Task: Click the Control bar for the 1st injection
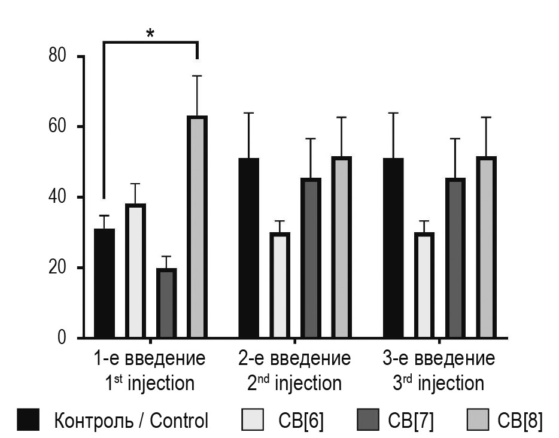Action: pyautogui.click(x=104, y=284)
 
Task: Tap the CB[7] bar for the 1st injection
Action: pyautogui.click(x=166, y=303)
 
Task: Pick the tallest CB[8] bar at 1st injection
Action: pyautogui.click(x=198, y=227)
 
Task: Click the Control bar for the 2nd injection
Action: pyautogui.click(x=249, y=248)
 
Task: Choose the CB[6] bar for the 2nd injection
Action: pyautogui.click(x=279, y=285)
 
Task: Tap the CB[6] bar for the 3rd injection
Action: pyautogui.click(x=424, y=285)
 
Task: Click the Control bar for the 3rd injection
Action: pyautogui.click(x=393, y=248)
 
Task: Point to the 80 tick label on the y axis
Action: pyautogui.click(x=59, y=56)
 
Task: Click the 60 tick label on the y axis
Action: pyautogui.click(x=59, y=127)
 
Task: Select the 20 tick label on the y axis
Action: pyautogui.click(x=59, y=267)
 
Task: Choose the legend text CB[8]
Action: pyautogui.click(x=520, y=421)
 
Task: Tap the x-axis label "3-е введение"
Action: pyautogui.click(x=439, y=359)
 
